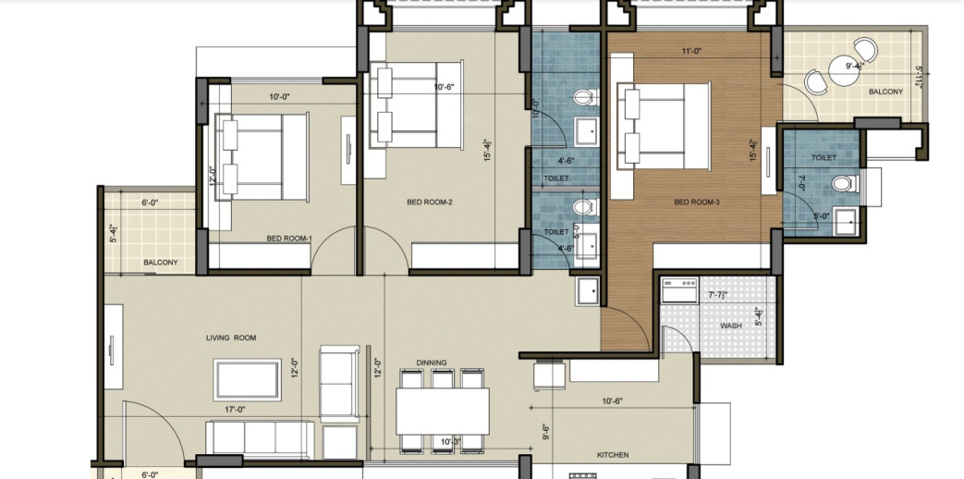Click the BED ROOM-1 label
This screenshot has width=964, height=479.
pyautogui.click(x=288, y=239)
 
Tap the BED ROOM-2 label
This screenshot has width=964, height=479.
pyautogui.click(x=429, y=202)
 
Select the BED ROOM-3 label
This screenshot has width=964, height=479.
pyautogui.click(x=696, y=202)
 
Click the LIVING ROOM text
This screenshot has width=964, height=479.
pyautogui.click(x=231, y=338)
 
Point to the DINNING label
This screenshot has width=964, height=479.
pyautogui.click(x=432, y=362)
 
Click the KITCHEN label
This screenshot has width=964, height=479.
pyautogui.click(x=613, y=455)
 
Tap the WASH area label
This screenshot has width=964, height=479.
pyautogui.click(x=732, y=326)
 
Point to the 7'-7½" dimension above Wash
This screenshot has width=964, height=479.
pyautogui.click(x=718, y=295)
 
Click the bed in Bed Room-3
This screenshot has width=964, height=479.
pyautogui.click(x=664, y=123)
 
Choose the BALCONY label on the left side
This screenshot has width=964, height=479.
pyautogui.click(x=160, y=264)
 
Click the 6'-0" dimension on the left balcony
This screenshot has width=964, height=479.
pyautogui.click(x=150, y=203)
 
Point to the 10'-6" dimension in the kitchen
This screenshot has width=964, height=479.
pyautogui.click(x=612, y=401)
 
